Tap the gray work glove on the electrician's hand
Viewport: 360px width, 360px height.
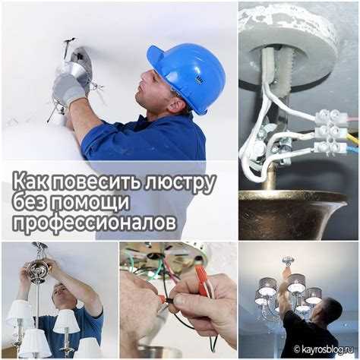click(68, 87)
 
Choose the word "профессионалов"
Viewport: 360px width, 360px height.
click(94, 223)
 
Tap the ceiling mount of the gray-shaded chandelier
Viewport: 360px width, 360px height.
click(287, 261)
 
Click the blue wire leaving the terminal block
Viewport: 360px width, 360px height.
click(353, 147)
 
